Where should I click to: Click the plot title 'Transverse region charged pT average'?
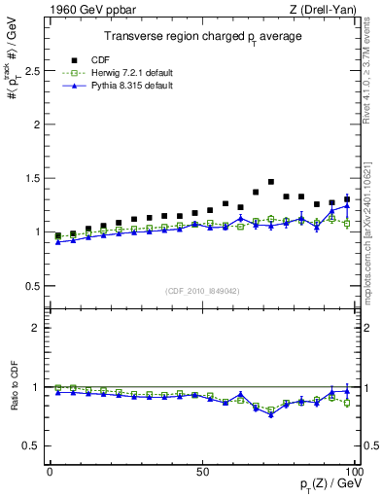tap(203, 37)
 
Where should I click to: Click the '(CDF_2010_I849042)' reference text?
tap(202, 291)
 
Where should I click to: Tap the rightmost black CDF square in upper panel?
tap(347, 199)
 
